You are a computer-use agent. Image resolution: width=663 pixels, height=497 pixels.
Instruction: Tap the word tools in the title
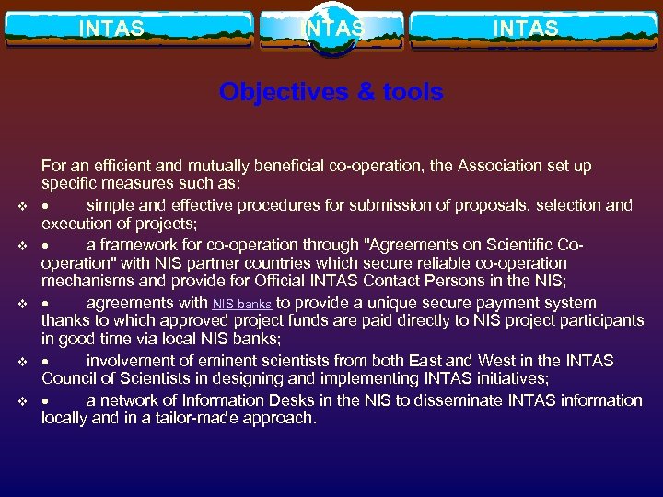click(410, 92)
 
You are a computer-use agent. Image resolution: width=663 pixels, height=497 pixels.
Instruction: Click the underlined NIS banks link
click(242, 304)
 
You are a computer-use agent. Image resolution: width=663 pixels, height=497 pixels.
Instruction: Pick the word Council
click(67, 379)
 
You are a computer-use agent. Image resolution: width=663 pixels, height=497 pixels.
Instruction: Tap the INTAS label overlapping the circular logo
click(332, 29)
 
